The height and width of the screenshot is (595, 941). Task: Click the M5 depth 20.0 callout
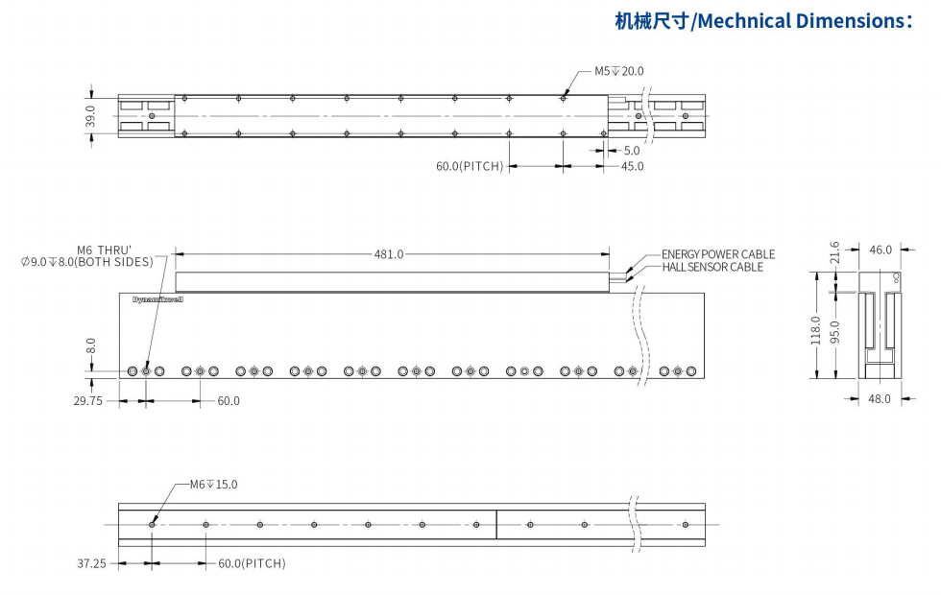click(x=618, y=71)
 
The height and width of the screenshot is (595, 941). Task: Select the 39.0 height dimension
click(x=90, y=116)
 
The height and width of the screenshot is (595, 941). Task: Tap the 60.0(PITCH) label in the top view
click(x=470, y=166)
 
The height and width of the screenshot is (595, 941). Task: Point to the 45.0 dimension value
click(x=632, y=166)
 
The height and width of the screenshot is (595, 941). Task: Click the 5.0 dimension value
click(x=631, y=151)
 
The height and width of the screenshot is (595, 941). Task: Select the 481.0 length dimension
click(x=389, y=254)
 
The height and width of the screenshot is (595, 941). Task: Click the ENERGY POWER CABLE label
click(x=717, y=254)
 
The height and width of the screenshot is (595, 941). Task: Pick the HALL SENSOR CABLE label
click(x=712, y=267)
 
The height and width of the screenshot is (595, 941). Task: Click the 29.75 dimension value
click(x=88, y=401)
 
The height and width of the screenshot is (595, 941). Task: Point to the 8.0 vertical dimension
click(x=90, y=346)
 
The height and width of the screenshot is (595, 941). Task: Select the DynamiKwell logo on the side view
click(x=157, y=299)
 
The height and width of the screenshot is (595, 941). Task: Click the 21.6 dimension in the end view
click(x=833, y=252)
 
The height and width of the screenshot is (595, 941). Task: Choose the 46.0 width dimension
click(x=881, y=250)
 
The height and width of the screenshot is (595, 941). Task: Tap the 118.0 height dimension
click(x=815, y=330)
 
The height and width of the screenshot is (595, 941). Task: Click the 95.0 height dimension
click(x=834, y=330)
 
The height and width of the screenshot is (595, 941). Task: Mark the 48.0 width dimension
click(x=880, y=398)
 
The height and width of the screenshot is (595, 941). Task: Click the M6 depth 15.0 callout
click(x=213, y=485)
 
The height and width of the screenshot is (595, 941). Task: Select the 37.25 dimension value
click(x=92, y=563)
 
